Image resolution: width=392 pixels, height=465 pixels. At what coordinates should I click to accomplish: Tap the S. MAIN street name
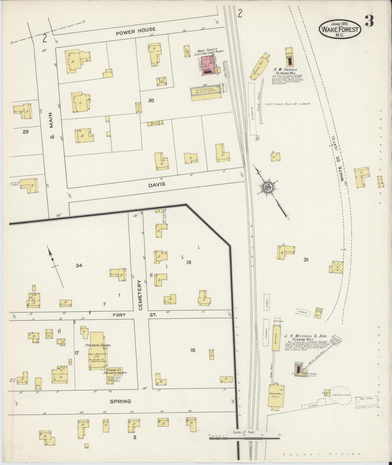pyautogui.click(x=52, y=126)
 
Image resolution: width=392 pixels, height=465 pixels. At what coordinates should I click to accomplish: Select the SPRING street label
pyautogui.click(x=121, y=401)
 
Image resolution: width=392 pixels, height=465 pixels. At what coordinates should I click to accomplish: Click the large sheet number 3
pyautogui.click(x=369, y=21)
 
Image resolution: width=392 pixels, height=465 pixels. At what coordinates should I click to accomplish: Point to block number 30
pyautogui.click(x=151, y=100)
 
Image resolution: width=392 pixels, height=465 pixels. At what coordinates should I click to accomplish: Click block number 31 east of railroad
pyautogui.click(x=306, y=260)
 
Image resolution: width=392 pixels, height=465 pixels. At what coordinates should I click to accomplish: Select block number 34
pyautogui.click(x=79, y=265)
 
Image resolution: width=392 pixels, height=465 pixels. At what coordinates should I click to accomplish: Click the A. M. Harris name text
pyautogui.click(x=286, y=69)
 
